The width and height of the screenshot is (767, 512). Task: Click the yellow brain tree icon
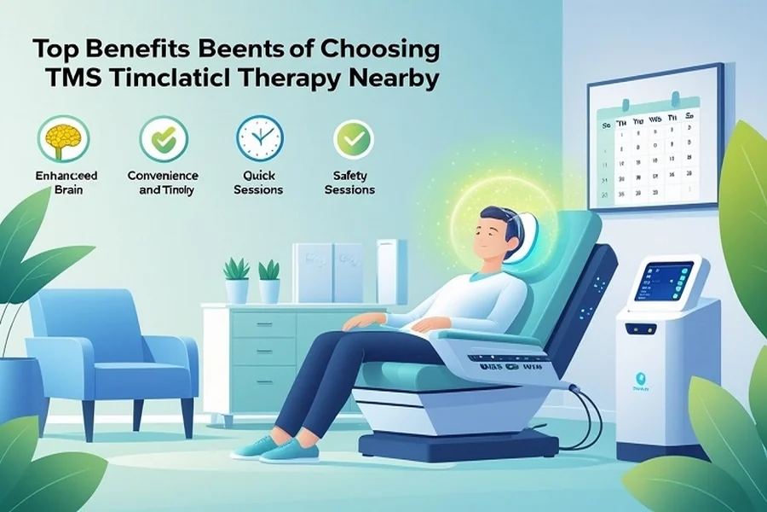60,138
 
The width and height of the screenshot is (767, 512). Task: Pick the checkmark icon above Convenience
159,138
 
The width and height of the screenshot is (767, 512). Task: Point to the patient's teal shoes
281,451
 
